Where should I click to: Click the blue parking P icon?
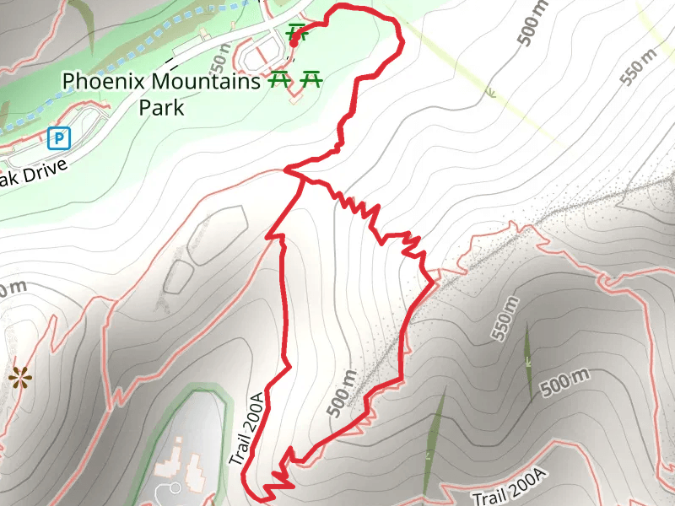[58, 137]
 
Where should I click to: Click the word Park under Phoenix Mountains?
[163, 108]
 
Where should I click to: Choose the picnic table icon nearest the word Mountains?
[278, 80]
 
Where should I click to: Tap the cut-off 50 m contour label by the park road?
[221, 60]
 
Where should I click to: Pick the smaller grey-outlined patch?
[178, 276]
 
